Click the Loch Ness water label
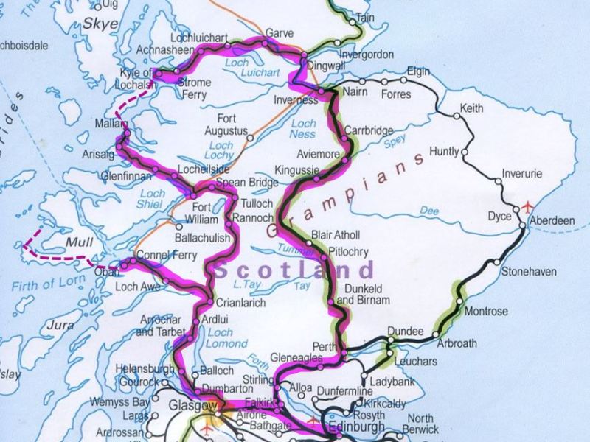304,128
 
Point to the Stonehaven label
529,272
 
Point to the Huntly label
444,152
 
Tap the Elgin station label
418,71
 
